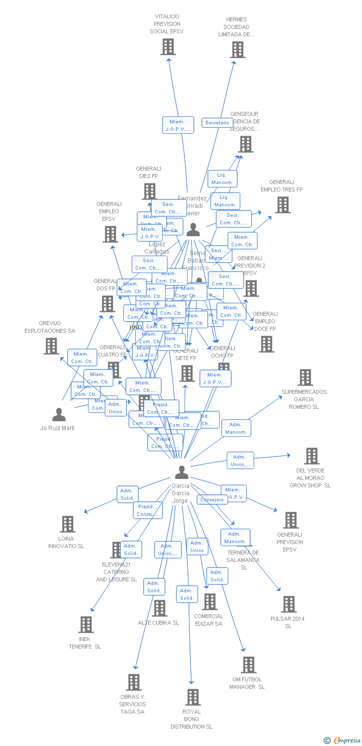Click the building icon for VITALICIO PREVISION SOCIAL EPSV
tap(168, 47)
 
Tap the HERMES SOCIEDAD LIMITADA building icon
tap(238, 50)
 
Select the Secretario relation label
tap(217, 122)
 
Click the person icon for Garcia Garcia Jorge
tap(182, 472)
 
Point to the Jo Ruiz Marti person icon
tap(59, 414)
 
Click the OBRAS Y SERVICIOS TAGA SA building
tap(134, 682)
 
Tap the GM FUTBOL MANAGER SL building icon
tap(248, 665)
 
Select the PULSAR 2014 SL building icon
tap(288, 604)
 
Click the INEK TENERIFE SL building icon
tap(86, 625)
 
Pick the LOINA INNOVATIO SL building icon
tap(68, 524)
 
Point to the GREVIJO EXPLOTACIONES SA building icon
tap(51, 346)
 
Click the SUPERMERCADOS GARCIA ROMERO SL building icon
tap(305, 377)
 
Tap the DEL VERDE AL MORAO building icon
tap(311, 456)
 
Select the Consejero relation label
tap(212, 499)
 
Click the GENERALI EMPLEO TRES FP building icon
tap(282, 205)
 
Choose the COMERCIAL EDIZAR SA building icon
tap(209, 602)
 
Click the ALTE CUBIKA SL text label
tap(159, 623)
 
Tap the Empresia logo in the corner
tap(343, 741)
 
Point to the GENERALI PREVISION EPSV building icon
tap(290, 520)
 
